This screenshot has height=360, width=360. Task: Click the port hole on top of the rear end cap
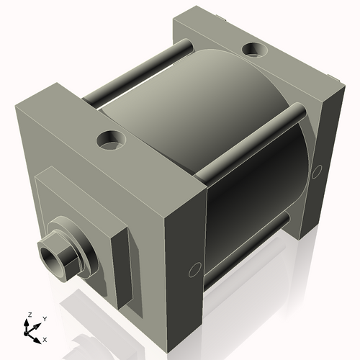point(254,50)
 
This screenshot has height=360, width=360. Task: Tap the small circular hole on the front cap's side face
point(193,271)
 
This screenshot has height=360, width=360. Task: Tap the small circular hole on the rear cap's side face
point(318,171)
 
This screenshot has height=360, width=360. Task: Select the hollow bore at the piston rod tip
point(49,253)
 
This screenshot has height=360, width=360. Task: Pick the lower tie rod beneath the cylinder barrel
point(245,252)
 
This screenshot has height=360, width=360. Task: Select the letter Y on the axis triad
point(44,318)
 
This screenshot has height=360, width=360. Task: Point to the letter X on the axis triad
point(45,338)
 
